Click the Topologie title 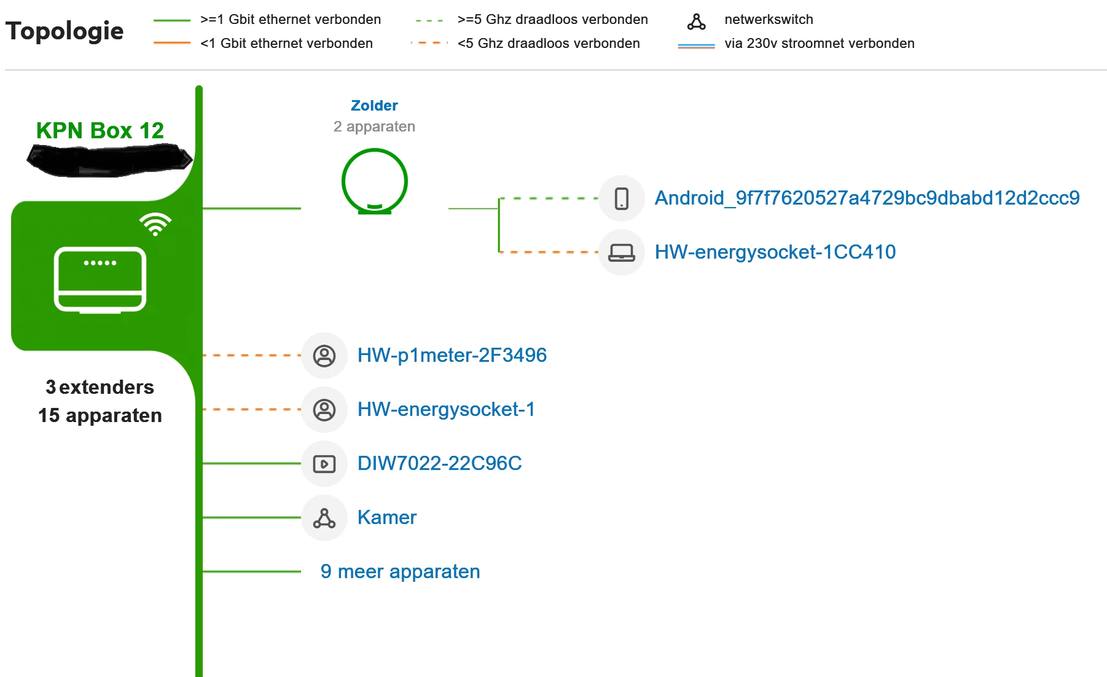point(65,31)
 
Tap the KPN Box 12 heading point(100,130)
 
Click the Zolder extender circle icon point(375,182)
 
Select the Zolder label point(374,106)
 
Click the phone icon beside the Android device point(622,198)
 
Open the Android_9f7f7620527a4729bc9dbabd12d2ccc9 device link point(867,198)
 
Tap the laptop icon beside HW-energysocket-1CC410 point(622,252)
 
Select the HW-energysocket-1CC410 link point(775,252)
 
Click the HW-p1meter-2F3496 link point(452,355)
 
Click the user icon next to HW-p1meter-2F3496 point(324,356)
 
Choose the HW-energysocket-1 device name point(446,409)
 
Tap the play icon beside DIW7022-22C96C point(324,464)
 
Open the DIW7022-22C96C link point(439,463)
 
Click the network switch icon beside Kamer point(324,518)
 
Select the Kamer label point(386,517)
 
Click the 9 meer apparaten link point(400,571)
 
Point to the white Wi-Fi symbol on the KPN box point(155,224)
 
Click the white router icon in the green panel point(100,280)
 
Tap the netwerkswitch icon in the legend point(696,22)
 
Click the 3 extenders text point(100,387)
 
